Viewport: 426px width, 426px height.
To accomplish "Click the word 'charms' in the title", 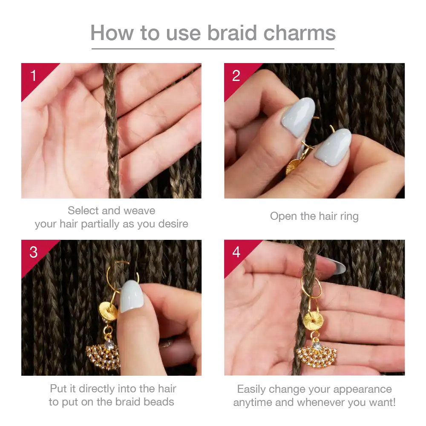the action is click(299, 33).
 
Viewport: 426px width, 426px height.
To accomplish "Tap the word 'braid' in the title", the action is click(232, 33).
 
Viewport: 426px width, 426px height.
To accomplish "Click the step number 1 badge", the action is click(33, 75).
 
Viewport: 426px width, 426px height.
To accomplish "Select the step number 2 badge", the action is click(236, 75).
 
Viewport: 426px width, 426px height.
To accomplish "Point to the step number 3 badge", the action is click(33, 252).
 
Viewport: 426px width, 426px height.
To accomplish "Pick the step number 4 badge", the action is click(236, 252).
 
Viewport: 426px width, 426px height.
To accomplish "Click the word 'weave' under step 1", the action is click(139, 210).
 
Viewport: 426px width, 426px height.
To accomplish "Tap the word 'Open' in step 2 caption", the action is click(282, 217).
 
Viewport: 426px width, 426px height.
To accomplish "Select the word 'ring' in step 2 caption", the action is click(348, 217).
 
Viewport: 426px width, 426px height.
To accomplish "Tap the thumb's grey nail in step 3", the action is click(132, 296).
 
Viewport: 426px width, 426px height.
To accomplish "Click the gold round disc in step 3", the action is click(108, 310).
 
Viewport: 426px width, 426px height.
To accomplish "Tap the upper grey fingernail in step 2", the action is click(298, 117).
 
